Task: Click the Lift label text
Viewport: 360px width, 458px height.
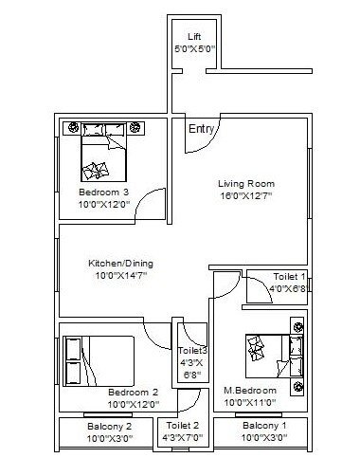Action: click(194, 36)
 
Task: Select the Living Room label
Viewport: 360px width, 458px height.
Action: click(245, 183)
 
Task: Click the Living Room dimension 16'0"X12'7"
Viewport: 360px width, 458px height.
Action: click(245, 196)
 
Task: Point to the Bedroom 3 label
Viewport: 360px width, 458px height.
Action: click(104, 192)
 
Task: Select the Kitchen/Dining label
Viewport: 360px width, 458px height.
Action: click(120, 263)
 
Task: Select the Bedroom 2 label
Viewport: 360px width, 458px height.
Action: click(132, 393)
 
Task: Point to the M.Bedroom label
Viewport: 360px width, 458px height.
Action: click(250, 391)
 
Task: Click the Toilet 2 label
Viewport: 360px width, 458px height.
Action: click(183, 427)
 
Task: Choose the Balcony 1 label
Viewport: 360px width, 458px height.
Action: click(262, 427)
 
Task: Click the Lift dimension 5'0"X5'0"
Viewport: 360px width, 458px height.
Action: click(195, 48)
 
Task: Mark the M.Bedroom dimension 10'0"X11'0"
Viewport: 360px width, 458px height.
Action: click(251, 403)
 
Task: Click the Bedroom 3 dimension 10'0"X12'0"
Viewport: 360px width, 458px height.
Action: click(104, 203)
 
